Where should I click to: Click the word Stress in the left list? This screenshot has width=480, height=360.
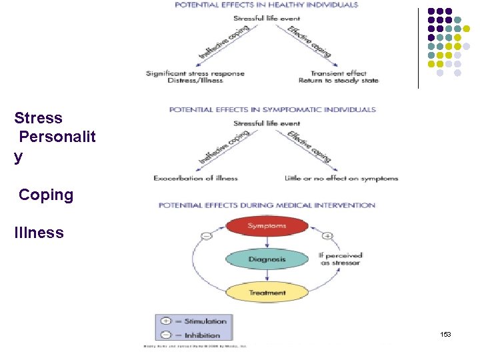point(39,119)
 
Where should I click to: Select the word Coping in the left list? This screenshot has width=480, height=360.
point(46,195)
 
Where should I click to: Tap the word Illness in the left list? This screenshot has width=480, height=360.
point(39,233)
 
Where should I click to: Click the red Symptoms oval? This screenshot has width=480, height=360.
point(267,227)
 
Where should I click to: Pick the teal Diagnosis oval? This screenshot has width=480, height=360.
point(267,259)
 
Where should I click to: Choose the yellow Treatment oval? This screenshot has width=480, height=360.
point(267,293)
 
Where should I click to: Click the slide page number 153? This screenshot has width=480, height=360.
point(445,334)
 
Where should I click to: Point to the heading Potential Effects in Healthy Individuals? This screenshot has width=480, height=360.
point(266,5)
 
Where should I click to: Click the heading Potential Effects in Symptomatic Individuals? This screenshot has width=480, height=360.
point(272,109)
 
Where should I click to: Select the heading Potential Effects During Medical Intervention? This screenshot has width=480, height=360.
point(267,205)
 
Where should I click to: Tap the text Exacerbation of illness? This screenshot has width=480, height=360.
point(195,178)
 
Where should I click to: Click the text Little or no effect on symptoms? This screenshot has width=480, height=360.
point(341,178)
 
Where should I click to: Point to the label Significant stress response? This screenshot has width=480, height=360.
point(195,73)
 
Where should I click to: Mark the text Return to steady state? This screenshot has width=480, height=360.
point(338,81)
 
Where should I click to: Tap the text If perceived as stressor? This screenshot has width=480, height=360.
point(341,259)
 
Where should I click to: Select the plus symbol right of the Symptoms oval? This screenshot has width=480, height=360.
point(327,235)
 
